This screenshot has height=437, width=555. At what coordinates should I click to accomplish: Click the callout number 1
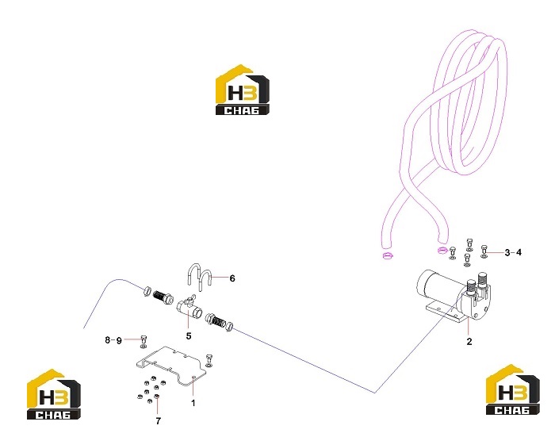(193, 403)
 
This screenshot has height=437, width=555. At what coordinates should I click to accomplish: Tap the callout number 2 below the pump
(469, 341)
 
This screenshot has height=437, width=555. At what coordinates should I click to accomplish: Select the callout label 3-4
(513, 252)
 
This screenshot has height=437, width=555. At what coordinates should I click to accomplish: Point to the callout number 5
(189, 335)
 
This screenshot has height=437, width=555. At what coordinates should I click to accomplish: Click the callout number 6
(232, 278)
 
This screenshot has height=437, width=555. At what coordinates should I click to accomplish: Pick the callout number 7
(159, 420)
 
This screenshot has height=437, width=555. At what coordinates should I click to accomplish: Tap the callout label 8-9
(113, 340)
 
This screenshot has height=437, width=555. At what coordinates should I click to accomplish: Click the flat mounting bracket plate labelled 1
(170, 366)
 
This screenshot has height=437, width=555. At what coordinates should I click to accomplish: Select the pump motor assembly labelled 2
(454, 297)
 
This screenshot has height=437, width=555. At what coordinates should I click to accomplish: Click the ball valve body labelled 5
(189, 308)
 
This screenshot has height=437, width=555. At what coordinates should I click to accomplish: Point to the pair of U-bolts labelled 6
(199, 277)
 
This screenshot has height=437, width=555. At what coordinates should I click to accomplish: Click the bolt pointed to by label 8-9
(144, 339)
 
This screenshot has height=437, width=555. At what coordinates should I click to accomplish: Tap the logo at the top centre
(243, 90)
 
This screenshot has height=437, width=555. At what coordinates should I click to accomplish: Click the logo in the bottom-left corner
(54, 394)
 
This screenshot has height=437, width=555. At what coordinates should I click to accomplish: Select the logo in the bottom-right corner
(513, 389)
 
